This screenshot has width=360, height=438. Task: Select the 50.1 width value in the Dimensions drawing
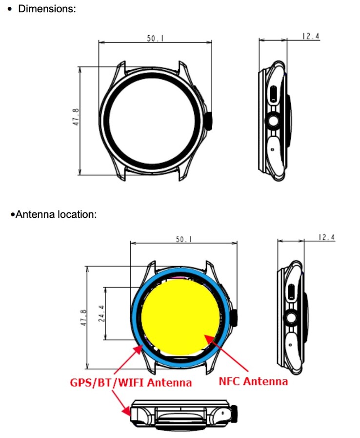(155, 38)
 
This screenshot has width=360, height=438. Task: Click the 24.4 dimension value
(101, 313)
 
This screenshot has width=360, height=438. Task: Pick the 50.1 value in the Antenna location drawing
(183, 239)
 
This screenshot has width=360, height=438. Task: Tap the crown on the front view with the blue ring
(236, 318)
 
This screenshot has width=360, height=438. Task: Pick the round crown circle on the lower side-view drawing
(292, 317)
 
